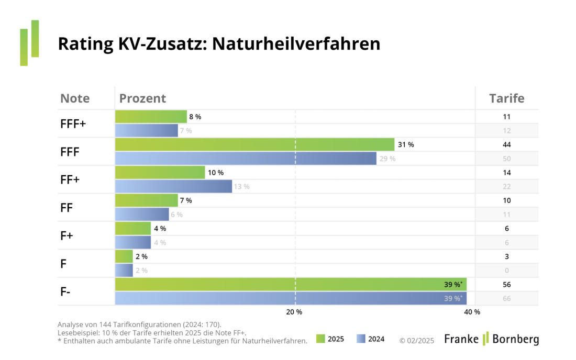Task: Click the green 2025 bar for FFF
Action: pos(254,144)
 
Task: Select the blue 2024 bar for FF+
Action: pos(173,186)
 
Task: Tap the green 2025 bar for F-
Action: pos(291,285)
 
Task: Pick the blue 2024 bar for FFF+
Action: pos(147,130)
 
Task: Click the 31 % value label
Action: pos(406,145)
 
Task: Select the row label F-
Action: pos(65,291)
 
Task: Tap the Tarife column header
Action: pos(506,98)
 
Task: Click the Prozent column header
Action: pos(142,98)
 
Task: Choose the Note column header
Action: pos(75,98)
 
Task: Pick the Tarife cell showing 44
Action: pos(506,145)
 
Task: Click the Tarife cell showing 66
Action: pos(506,299)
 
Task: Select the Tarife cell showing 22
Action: pos(506,187)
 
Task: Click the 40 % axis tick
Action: pos(472,312)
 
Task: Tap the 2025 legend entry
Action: pos(330,339)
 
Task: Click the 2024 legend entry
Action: pos(370,339)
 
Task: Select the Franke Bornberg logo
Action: pos(491,339)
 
